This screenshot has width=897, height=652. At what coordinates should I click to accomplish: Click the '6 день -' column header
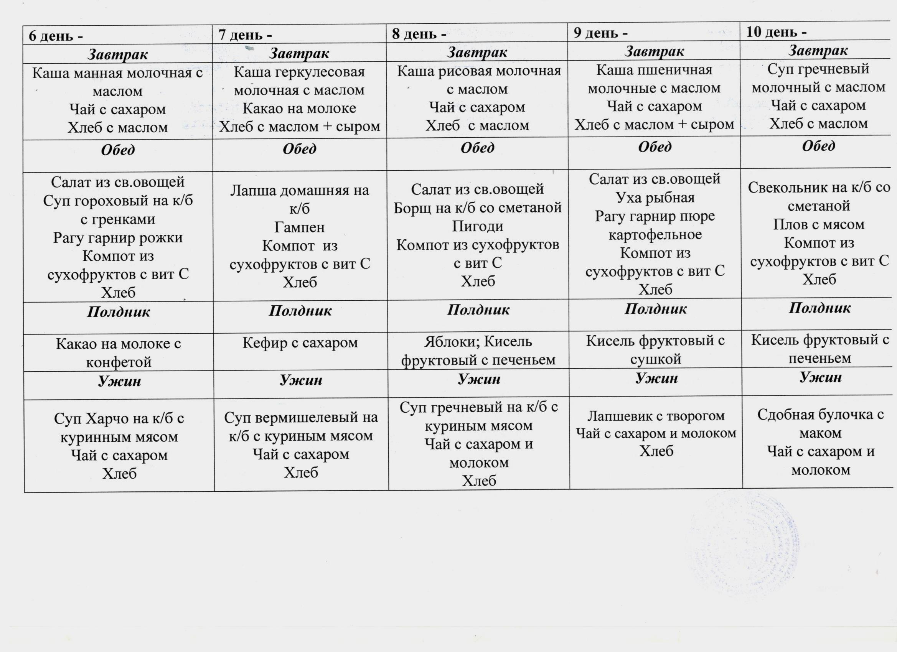(x=56, y=36)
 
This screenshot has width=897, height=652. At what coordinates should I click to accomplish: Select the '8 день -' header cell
(x=419, y=34)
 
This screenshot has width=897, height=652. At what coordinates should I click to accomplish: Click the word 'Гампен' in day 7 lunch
(x=299, y=227)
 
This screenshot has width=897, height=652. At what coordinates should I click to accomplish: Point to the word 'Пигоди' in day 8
(x=477, y=226)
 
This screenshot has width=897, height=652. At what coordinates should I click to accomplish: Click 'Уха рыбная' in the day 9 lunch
(x=655, y=197)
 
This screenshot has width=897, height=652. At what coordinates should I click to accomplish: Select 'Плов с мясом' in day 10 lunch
(x=819, y=224)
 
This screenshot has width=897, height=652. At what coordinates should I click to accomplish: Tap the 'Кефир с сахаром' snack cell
(x=300, y=342)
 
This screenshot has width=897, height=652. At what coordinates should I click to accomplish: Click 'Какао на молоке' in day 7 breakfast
(x=299, y=108)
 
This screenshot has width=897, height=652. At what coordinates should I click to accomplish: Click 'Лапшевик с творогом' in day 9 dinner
(x=656, y=416)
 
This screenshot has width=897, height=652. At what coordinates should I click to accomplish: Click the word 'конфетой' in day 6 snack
(x=119, y=362)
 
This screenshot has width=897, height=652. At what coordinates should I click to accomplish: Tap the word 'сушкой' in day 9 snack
(x=655, y=359)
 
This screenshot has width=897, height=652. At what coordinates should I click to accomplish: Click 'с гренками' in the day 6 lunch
(x=118, y=219)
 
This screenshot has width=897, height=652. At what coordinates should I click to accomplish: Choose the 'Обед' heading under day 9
(x=655, y=147)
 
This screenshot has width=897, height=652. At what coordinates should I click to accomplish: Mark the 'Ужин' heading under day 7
(x=300, y=380)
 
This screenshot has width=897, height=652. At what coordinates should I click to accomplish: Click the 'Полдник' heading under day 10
(x=820, y=308)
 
